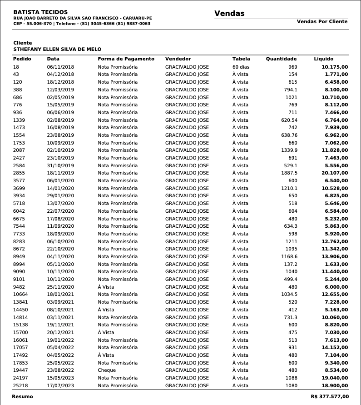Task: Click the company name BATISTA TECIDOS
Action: coord(40,12)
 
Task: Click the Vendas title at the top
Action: coord(229,14)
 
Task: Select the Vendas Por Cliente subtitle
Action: coord(322,21)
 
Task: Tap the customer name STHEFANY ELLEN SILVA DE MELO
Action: coord(57,49)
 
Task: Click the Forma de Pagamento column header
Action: coord(126,59)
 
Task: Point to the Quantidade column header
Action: coord(281,59)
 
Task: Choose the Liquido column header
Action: coord(323,59)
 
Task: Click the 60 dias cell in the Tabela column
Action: coord(241,67)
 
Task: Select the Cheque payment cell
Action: coord(107,370)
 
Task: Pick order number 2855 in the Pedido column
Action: coord(19,173)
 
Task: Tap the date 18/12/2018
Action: coord(60,82)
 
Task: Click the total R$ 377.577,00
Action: coord(330,396)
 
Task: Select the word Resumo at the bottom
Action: coord(22,396)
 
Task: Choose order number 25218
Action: coord(20,385)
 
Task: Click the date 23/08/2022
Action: coord(60,370)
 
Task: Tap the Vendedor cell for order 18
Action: coord(187,67)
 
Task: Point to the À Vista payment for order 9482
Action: coord(106,287)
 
